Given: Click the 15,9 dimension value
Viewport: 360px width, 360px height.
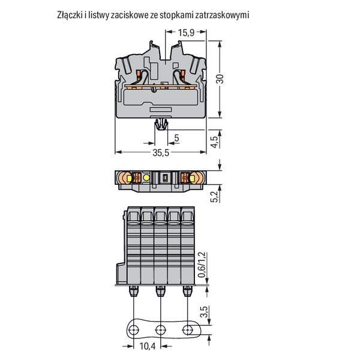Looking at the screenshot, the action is (186, 32).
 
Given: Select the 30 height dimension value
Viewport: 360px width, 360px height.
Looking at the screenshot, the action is (220, 79).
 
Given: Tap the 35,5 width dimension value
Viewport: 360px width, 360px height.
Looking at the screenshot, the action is (161, 152).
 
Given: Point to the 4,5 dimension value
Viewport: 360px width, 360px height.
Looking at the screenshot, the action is (214, 142).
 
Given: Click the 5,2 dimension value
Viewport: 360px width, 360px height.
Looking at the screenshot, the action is (214, 197).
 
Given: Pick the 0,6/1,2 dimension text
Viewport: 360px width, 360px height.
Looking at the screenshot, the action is (202, 265).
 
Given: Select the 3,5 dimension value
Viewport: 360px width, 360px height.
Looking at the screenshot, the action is (204, 312).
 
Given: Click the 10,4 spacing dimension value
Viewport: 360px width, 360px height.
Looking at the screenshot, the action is (148, 346).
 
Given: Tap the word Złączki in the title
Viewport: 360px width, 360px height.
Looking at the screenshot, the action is (69, 16).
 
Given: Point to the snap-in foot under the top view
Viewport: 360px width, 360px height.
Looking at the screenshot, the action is (161, 125).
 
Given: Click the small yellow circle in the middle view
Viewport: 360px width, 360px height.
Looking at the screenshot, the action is (146, 178).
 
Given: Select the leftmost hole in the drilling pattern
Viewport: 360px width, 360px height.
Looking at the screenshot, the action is (134, 330).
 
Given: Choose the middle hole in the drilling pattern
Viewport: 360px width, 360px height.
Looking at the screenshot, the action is (161, 330).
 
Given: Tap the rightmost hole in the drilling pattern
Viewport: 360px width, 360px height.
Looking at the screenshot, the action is (188, 330).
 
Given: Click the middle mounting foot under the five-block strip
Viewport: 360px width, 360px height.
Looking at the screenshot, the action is (160, 291).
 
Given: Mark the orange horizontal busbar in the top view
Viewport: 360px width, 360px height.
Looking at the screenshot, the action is (161, 86).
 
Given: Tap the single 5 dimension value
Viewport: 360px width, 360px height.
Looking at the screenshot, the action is (176, 138).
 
